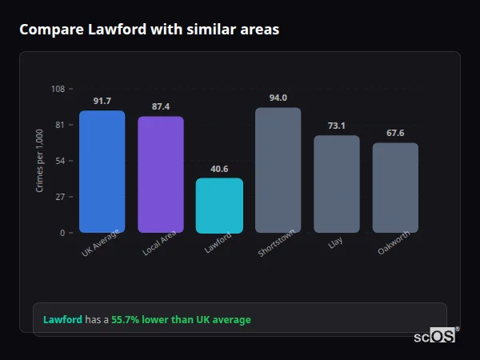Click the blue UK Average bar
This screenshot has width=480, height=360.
point(102,172)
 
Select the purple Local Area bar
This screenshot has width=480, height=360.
point(161,174)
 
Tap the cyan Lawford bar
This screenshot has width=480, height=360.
point(219,206)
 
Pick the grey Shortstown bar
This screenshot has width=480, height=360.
point(278,170)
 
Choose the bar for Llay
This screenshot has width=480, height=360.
point(337,184)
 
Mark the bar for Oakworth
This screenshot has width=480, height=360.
point(395,188)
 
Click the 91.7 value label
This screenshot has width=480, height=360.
point(102,101)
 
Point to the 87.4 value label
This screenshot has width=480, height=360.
point(161,106)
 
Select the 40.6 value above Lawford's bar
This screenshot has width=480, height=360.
point(219,169)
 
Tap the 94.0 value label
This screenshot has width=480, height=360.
point(278,98)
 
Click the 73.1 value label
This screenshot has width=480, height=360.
point(337,126)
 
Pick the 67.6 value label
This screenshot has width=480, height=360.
point(395,133)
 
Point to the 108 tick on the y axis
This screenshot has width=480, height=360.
point(58,89)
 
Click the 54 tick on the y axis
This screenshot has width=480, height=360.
point(60,161)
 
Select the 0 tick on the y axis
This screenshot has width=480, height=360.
point(62,233)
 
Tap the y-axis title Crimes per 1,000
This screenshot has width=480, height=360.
point(40,160)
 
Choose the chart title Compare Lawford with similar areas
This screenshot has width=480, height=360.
point(150,30)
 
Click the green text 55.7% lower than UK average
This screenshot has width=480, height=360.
point(181,320)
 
